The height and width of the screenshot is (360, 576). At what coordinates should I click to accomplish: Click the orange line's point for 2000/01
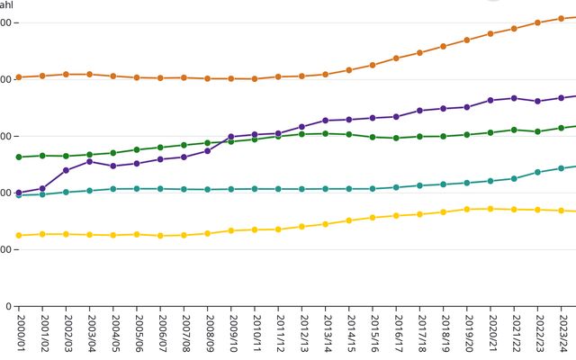point(19,76)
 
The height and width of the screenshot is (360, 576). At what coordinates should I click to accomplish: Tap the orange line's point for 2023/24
point(562,18)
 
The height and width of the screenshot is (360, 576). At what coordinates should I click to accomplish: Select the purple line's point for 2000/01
point(19,193)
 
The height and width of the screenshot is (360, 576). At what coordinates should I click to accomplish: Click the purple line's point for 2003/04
point(90,161)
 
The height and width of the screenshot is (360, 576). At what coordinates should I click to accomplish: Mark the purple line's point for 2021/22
point(514,98)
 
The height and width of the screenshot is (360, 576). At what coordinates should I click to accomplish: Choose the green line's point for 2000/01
point(19,157)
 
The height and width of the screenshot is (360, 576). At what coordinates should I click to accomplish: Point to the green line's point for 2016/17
point(396,138)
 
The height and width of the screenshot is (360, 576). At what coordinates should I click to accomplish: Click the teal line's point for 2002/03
point(66,192)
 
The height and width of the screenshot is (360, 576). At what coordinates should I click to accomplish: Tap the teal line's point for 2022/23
point(537,172)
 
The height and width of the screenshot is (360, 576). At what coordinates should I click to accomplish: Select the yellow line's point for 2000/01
point(19,235)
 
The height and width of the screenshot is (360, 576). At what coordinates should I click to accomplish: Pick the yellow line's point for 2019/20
point(467,209)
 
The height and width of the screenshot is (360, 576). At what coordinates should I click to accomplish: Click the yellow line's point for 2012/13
point(302,226)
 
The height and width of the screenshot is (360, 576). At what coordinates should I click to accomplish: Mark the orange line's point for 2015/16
point(373,65)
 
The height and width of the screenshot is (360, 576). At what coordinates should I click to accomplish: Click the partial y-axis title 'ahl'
point(6,4)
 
